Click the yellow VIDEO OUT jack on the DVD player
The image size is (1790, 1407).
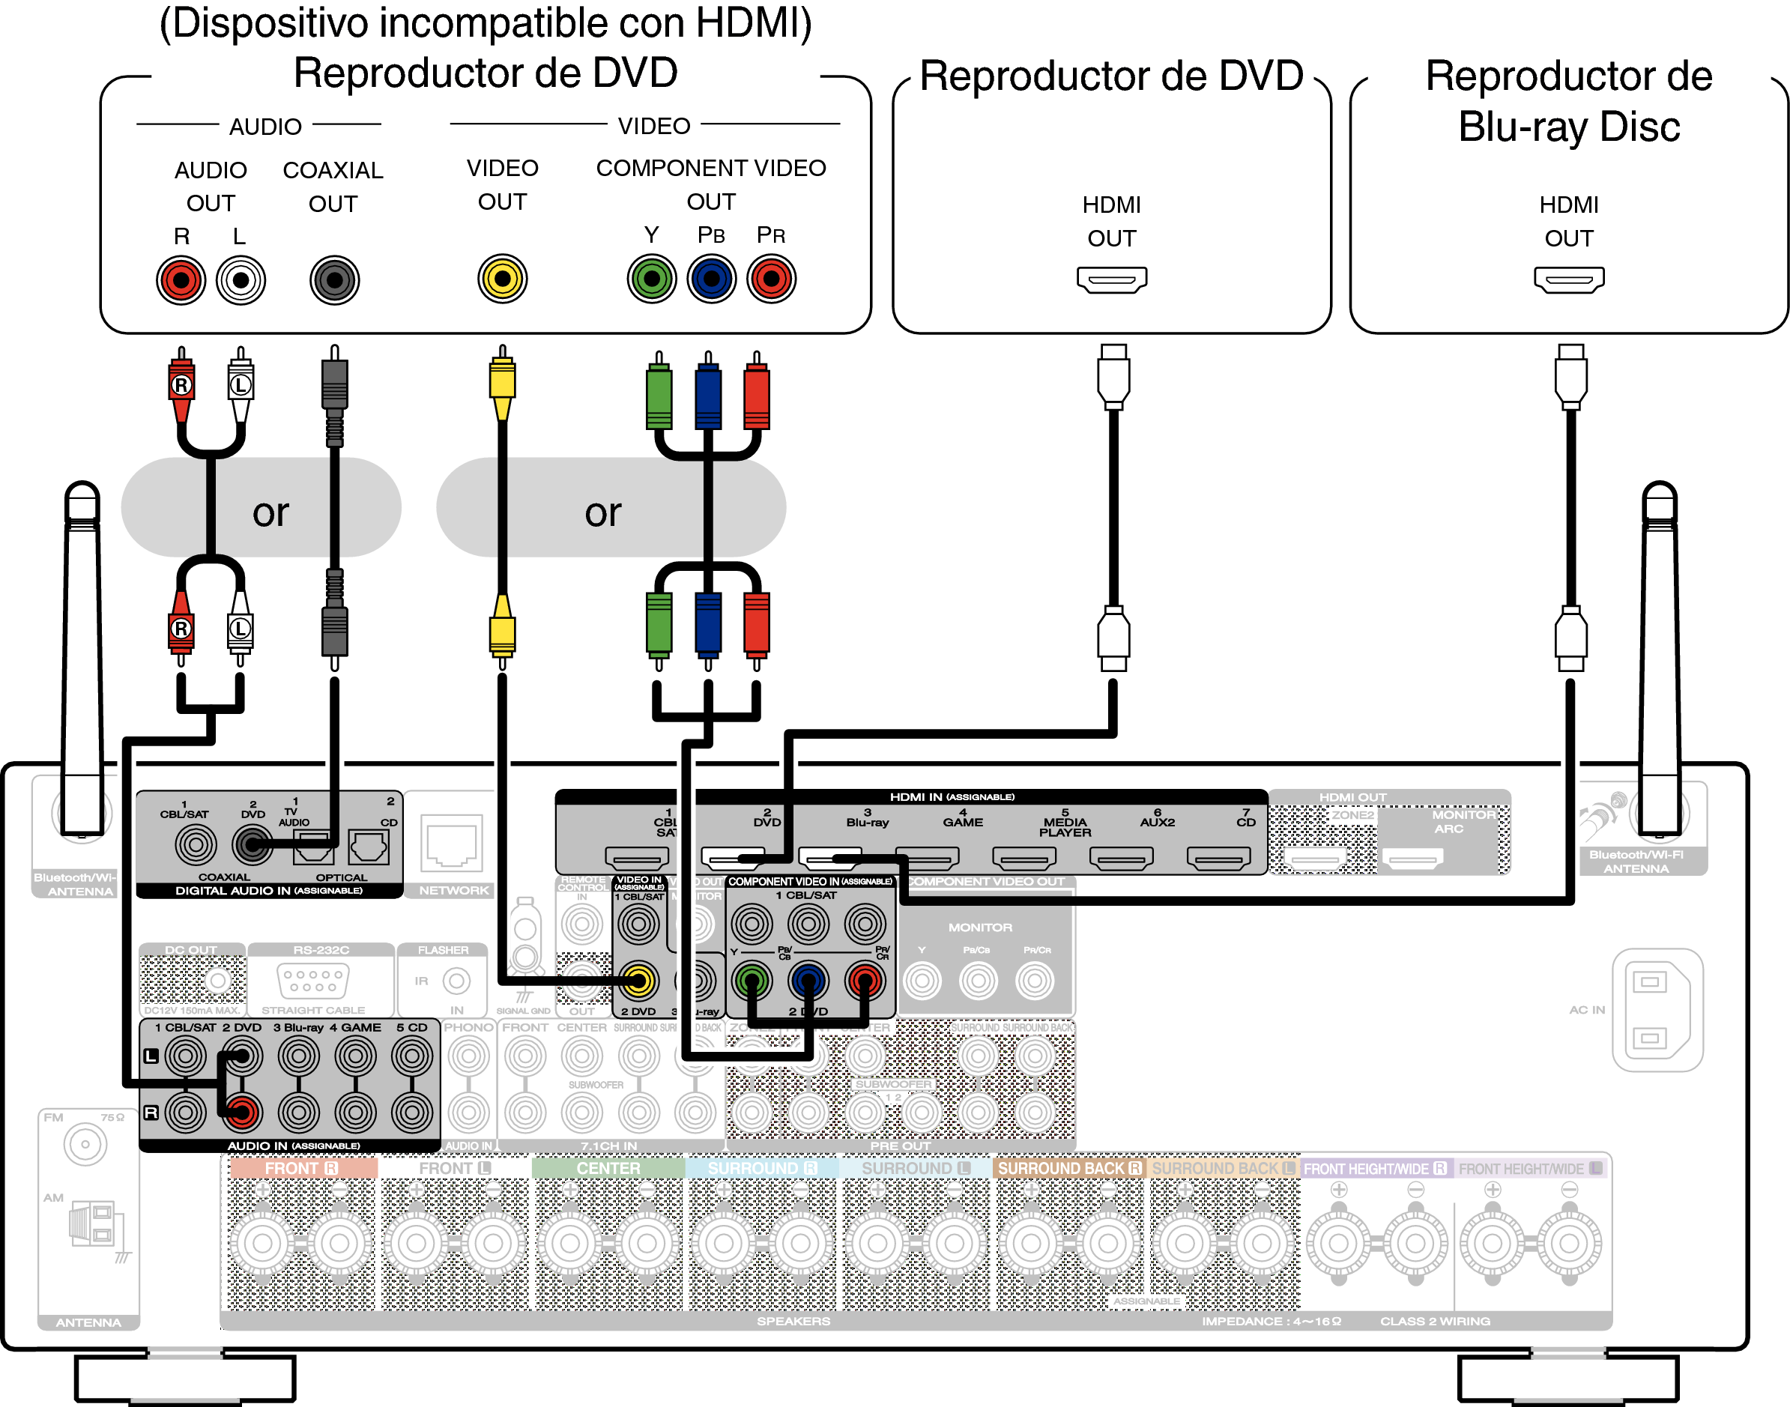(x=502, y=279)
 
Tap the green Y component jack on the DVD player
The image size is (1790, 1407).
(x=651, y=279)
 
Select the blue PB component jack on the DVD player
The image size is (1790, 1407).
(x=711, y=279)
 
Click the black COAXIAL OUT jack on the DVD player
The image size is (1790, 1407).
(x=333, y=280)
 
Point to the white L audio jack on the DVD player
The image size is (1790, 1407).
(x=241, y=280)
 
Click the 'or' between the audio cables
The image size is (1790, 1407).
(x=270, y=513)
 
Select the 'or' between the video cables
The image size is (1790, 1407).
(x=603, y=513)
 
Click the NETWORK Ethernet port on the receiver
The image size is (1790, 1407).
(x=450, y=843)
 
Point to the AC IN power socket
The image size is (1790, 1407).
(x=1657, y=1010)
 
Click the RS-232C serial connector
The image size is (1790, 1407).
(x=313, y=980)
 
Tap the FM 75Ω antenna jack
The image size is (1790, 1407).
(x=85, y=1143)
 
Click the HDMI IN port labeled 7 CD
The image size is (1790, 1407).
(x=1218, y=859)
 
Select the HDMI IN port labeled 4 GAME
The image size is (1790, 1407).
(x=927, y=859)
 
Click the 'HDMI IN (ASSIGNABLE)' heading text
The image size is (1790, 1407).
(x=952, y=796)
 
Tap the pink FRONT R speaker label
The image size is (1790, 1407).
(x=301, y=1168)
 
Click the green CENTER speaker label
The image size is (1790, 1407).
(x=608, y=1168)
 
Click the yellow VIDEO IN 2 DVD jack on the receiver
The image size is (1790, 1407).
(x=638, y=980)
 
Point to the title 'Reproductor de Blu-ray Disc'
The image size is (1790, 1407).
(x=1568, y=101)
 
